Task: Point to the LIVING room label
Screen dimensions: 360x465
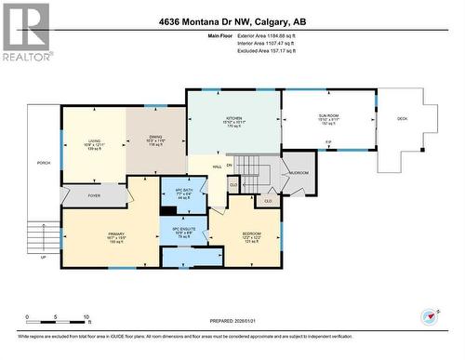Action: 93,140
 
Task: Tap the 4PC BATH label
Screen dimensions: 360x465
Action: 182,191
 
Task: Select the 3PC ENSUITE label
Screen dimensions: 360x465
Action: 182,229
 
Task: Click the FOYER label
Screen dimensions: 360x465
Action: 94,195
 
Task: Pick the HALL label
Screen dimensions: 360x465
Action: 216,167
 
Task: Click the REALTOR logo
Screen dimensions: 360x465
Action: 26,32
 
